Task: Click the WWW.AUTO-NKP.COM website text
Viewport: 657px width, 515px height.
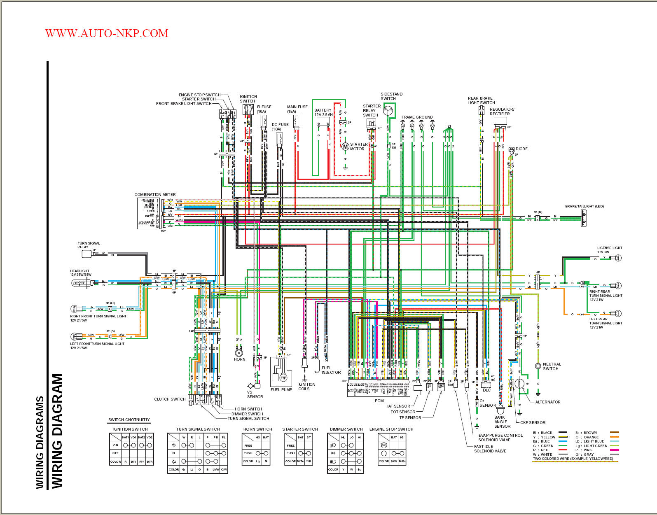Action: pos(107,33)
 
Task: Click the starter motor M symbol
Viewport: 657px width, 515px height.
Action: pos(345,147)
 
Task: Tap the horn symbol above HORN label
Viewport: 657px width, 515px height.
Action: pos(238,353)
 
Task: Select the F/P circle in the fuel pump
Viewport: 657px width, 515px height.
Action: pos(283,378)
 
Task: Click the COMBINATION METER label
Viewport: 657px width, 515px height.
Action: pos(155,194)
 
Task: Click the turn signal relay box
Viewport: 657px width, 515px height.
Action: pos(87,254)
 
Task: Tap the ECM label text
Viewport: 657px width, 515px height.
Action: pos(379,401)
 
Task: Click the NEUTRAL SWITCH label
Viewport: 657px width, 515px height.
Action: pos(552,366)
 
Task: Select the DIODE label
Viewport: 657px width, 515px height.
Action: pos(521,149)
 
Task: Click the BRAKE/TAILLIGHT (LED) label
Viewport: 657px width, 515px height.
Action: pos(584,206)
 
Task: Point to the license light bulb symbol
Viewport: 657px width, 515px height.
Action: pos(617,258)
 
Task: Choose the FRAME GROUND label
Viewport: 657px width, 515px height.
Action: pos(417,117)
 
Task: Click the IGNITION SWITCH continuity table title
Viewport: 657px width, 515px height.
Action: pos(130,429)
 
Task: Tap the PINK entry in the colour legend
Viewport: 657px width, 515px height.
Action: pos(587,450)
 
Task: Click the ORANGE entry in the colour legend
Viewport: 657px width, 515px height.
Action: pos(591,437)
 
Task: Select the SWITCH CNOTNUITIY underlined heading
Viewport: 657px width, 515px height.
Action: pos(129,420)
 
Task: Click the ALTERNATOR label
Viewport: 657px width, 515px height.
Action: pos(547,402)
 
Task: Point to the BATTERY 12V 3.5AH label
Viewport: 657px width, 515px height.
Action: pos(323,112)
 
